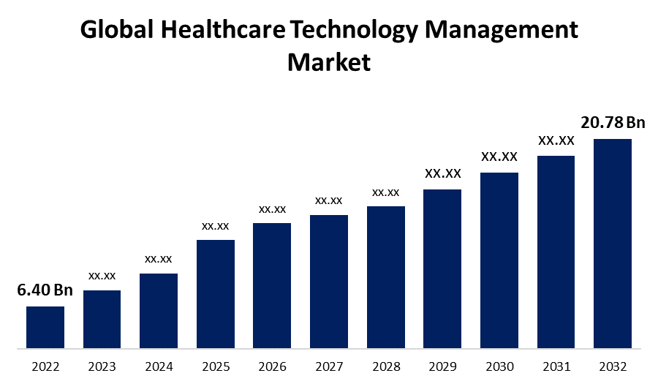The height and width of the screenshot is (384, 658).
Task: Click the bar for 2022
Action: coord(45,327)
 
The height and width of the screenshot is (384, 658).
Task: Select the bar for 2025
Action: coord(216,293)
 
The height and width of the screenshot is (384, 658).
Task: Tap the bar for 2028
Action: coord(386,276)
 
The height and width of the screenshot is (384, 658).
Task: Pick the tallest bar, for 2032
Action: coord(613,243)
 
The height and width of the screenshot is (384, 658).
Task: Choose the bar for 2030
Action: coord(499,260)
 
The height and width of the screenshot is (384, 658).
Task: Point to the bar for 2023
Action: coord(102,319)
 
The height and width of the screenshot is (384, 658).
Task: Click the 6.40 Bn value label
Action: coord(45,290)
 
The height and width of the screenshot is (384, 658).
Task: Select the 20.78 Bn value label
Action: coord(613,121)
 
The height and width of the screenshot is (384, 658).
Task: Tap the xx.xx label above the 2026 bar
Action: coord(272,209)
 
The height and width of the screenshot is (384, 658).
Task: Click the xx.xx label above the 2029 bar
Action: coord(442,173)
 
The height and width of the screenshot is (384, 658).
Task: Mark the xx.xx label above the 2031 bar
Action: coord(556,140)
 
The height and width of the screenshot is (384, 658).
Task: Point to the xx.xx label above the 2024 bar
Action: coord(159,259)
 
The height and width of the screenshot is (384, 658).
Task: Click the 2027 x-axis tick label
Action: coord(329,366)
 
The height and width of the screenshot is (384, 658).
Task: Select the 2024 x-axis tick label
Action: coord(159,366)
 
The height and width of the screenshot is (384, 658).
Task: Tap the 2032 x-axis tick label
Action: coord(613,366)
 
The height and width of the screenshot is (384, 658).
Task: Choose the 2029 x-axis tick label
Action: coord(442,366)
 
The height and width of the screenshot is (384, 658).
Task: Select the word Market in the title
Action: coord(329,61)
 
